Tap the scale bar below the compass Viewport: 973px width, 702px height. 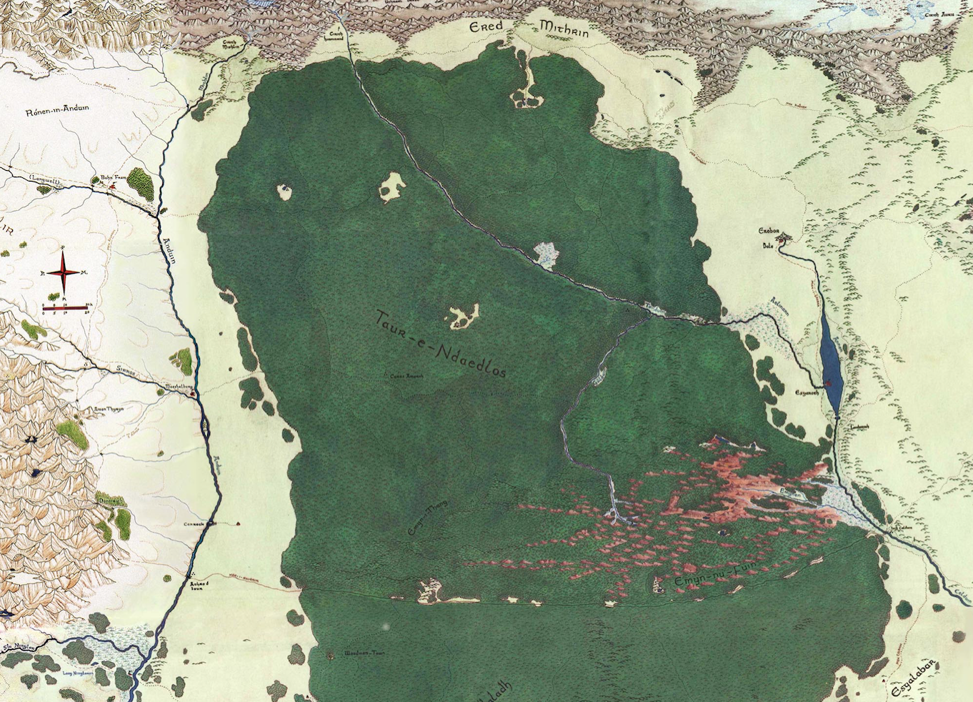pyautogui.click(x=64, y=307)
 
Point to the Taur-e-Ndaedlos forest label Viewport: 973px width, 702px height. pyautogui.click(x=441, y=347)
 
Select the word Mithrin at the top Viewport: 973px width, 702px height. pyautogui.click(x=564, y=29)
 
